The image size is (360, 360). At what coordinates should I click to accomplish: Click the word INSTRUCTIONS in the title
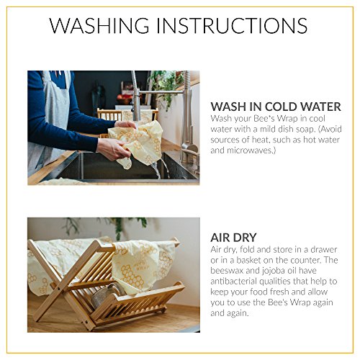[x=242, y=26]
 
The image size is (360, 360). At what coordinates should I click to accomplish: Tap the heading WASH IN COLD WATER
[x=274, y=107]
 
